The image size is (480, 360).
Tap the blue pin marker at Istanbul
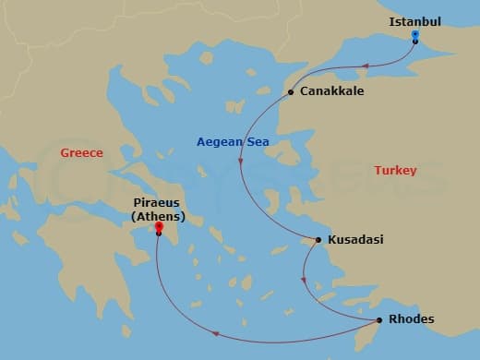[x=415, y=36]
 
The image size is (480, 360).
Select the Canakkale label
[x=331, y=92]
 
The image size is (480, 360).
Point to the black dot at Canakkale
[x=291, y=92]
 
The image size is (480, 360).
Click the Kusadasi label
[x=354, y=240]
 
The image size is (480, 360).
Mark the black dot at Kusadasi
[x=318, y=240]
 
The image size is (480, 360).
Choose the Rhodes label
[x=412, y=320]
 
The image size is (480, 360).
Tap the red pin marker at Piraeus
[x=159, y=227]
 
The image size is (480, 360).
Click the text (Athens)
[x=158, y=217]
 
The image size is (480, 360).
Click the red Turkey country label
[x=395, y=171]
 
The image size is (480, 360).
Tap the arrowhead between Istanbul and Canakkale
[x=366, y=66]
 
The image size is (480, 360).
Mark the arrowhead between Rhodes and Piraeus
[x=215, y=334]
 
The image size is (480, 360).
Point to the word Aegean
[x=217, y=141]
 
